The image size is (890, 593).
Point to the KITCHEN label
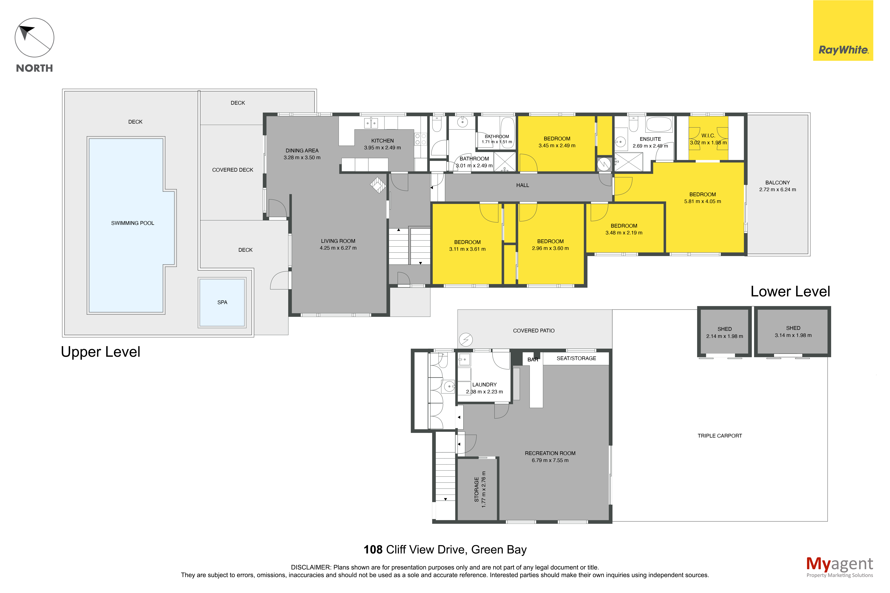382,141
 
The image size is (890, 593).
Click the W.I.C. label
708,135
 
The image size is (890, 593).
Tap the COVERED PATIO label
534,330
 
